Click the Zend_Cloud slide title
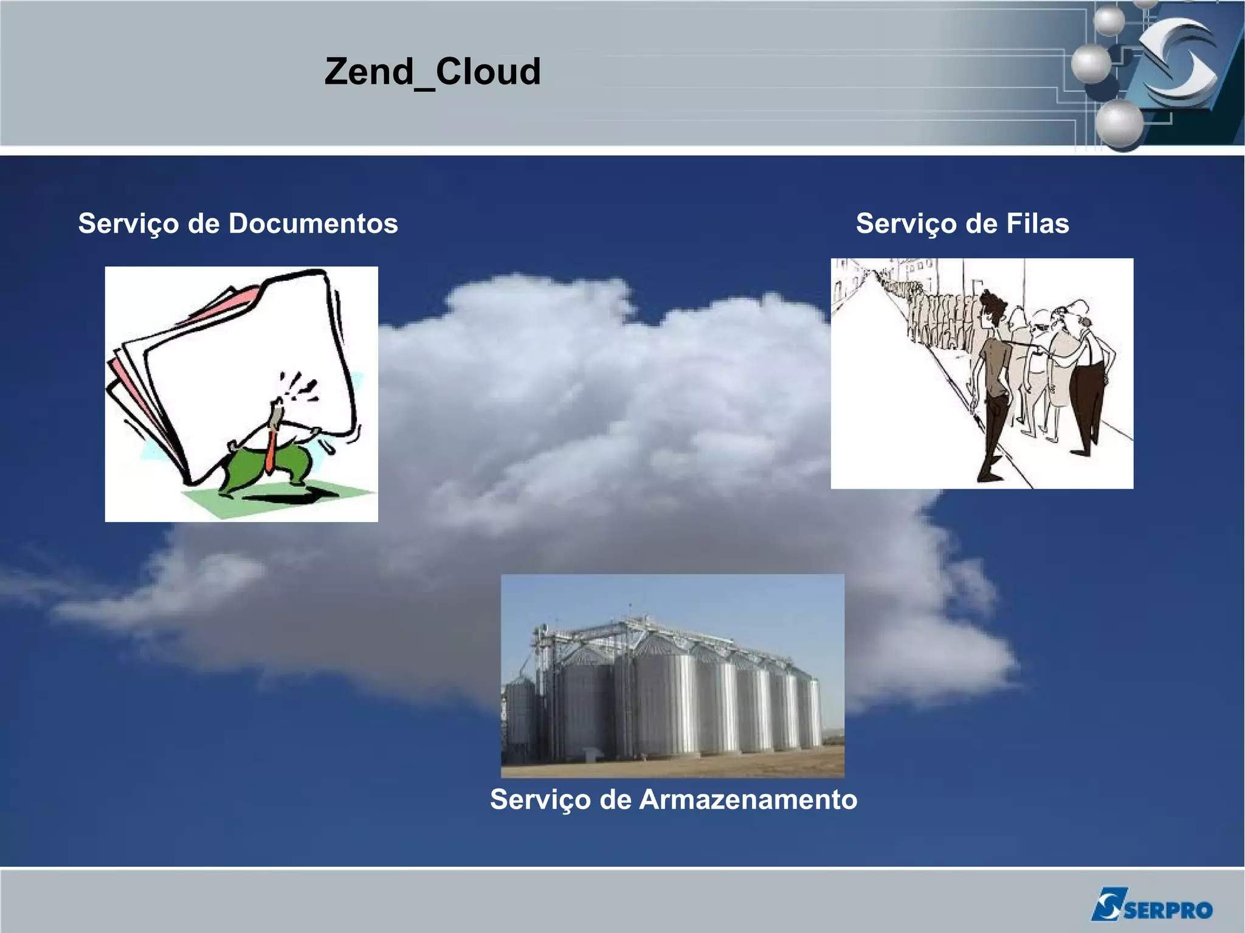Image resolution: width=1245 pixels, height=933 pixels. (x=432, y=72)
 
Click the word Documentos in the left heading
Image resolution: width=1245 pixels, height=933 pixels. (x=313, y=224)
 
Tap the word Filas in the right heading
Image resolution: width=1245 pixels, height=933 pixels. (x=1037, y=224)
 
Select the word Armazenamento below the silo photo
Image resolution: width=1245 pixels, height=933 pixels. (x=748, y=799)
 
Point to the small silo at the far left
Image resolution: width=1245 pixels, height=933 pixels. (x=520, y=717)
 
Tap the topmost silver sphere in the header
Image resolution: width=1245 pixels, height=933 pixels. (x=1109, y=21)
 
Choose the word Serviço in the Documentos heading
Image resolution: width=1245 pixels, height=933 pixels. (x=128, y=224)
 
